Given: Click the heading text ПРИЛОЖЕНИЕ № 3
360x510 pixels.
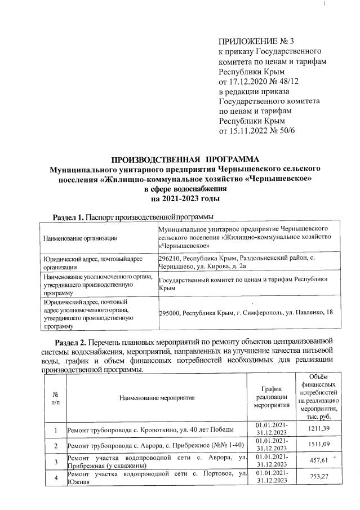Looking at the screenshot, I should click(x=255, y=41).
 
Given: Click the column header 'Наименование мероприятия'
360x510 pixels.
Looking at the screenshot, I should click(x=157, y=398).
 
